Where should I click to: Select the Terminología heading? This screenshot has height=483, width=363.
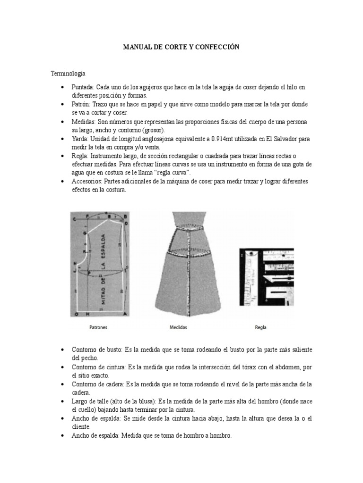(x=68, y=74)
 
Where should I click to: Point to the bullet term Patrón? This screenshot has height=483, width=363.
(x=81, y=104)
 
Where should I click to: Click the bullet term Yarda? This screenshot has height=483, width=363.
(x=80, y=139)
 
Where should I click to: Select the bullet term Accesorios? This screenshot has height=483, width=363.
(x=86, y=181)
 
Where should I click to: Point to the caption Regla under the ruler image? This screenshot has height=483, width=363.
(x=260, y=327)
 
